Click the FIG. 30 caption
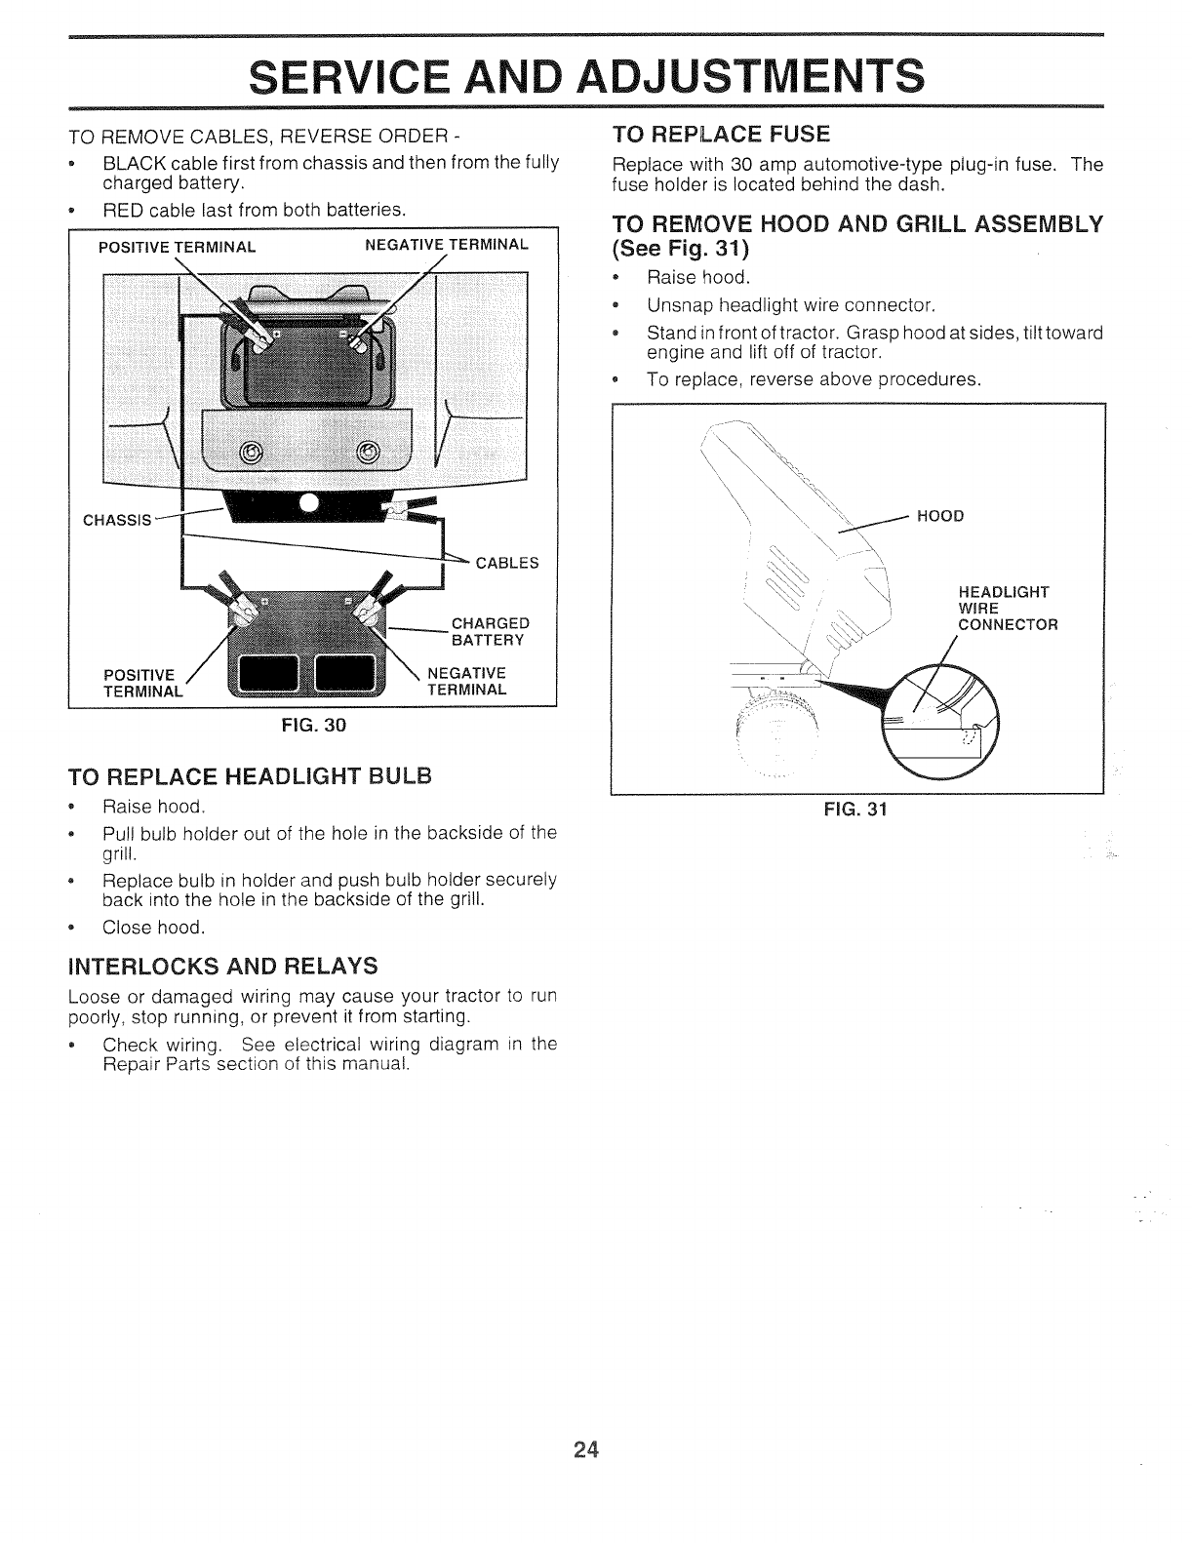(x=314, y=725)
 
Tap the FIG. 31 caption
(x=856, y=809)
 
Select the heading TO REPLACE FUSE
(x=721, y=133)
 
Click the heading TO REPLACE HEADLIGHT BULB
(x=249, y=776)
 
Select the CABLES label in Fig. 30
(x=506, y=562)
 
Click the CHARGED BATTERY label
(x=490, y=631)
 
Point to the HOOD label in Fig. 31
(x=940, y=516)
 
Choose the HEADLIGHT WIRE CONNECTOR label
(x=1008, y=608)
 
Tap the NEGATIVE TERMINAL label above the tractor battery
(x=446, y=243)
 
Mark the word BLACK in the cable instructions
(x=130, y=162)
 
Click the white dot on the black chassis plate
(x=309, y=503)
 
